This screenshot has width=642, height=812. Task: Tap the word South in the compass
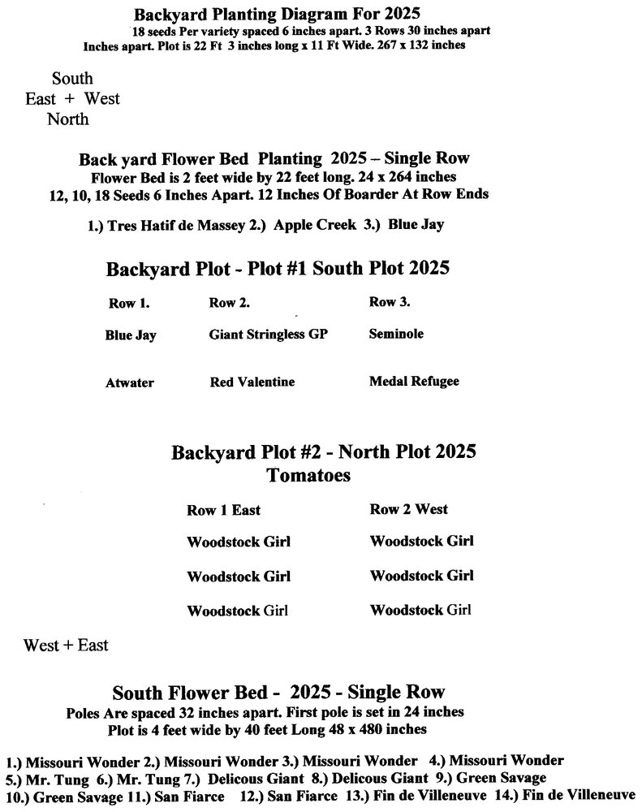(x=72, y=79)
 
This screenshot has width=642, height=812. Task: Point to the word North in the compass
(x=68, y=119)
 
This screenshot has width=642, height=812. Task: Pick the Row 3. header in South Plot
(x=390, y=302)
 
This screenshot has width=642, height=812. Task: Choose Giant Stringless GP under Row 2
(x=269, y=334)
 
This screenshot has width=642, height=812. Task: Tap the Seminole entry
(x=396, y=334)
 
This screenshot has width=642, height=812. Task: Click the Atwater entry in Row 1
(x=129, y=382)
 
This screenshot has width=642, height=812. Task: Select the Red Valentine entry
(x=252, y=382)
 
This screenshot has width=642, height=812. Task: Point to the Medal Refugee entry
(x=414, y=381)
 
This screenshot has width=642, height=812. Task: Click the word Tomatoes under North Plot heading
(x=309, y=476)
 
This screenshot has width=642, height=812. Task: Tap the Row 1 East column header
(x=224, y=511)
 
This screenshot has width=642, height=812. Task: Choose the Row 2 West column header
(x=409, y=509)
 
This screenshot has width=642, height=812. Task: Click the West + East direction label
(x=66, y=646)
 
